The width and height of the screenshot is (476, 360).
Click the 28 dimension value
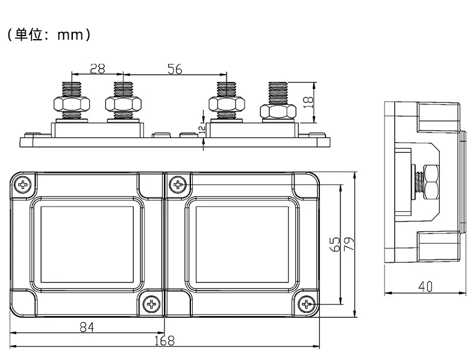98,69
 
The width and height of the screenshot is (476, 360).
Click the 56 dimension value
174,69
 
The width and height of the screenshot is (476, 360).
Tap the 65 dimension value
336,244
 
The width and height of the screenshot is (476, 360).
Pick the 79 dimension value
348,244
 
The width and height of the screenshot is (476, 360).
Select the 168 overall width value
163,341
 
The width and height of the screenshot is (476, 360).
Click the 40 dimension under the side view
425,288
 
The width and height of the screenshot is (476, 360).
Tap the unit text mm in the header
69,35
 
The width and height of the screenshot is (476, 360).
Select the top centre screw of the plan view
178,184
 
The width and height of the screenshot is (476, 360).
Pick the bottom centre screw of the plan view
151,305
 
